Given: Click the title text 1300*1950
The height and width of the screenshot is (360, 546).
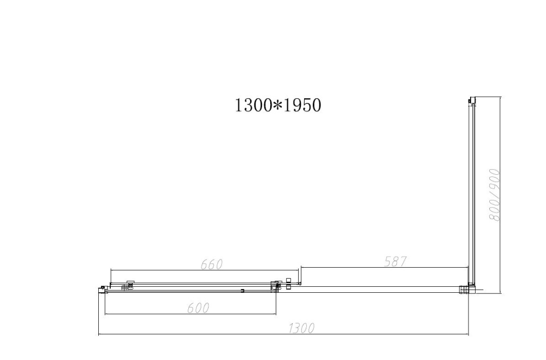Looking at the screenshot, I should (x=278, y=105).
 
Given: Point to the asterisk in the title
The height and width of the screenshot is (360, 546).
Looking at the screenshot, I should (x=277, y=105).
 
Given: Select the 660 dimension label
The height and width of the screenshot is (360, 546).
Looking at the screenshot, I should (x=212, y=264).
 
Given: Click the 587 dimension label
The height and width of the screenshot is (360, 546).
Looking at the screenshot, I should (x=396, y=262).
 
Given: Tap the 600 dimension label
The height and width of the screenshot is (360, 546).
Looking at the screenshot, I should (x=198, y=308).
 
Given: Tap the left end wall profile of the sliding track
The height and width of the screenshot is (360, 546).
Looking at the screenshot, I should (x=102, y=289).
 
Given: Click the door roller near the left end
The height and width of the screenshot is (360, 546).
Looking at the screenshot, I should (x=130, y=284).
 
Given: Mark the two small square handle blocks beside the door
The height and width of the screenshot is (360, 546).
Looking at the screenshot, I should (x=288, y=284).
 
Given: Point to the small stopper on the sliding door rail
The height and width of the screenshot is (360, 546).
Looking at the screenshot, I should (x=242, y=291).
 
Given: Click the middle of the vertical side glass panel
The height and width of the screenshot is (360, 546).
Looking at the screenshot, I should (x=471, y=194).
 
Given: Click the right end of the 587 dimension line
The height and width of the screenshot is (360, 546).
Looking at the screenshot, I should (x=468, y=267).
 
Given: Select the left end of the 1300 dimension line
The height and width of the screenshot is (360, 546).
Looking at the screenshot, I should (x=98, y=334).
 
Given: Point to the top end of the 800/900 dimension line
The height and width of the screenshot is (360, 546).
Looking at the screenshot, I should (x=500, y=97).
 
